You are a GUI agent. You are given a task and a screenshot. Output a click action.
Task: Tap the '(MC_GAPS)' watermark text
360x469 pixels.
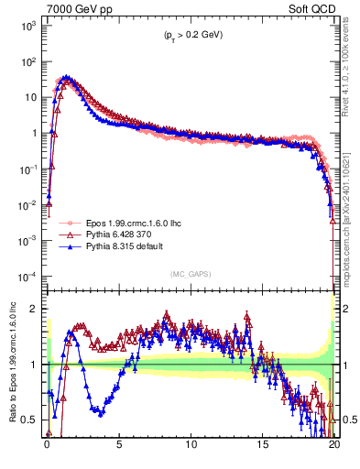click(x=188, y=274)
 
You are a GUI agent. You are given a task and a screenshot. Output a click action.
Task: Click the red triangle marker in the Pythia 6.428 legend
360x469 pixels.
click(x=67, y=234)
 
